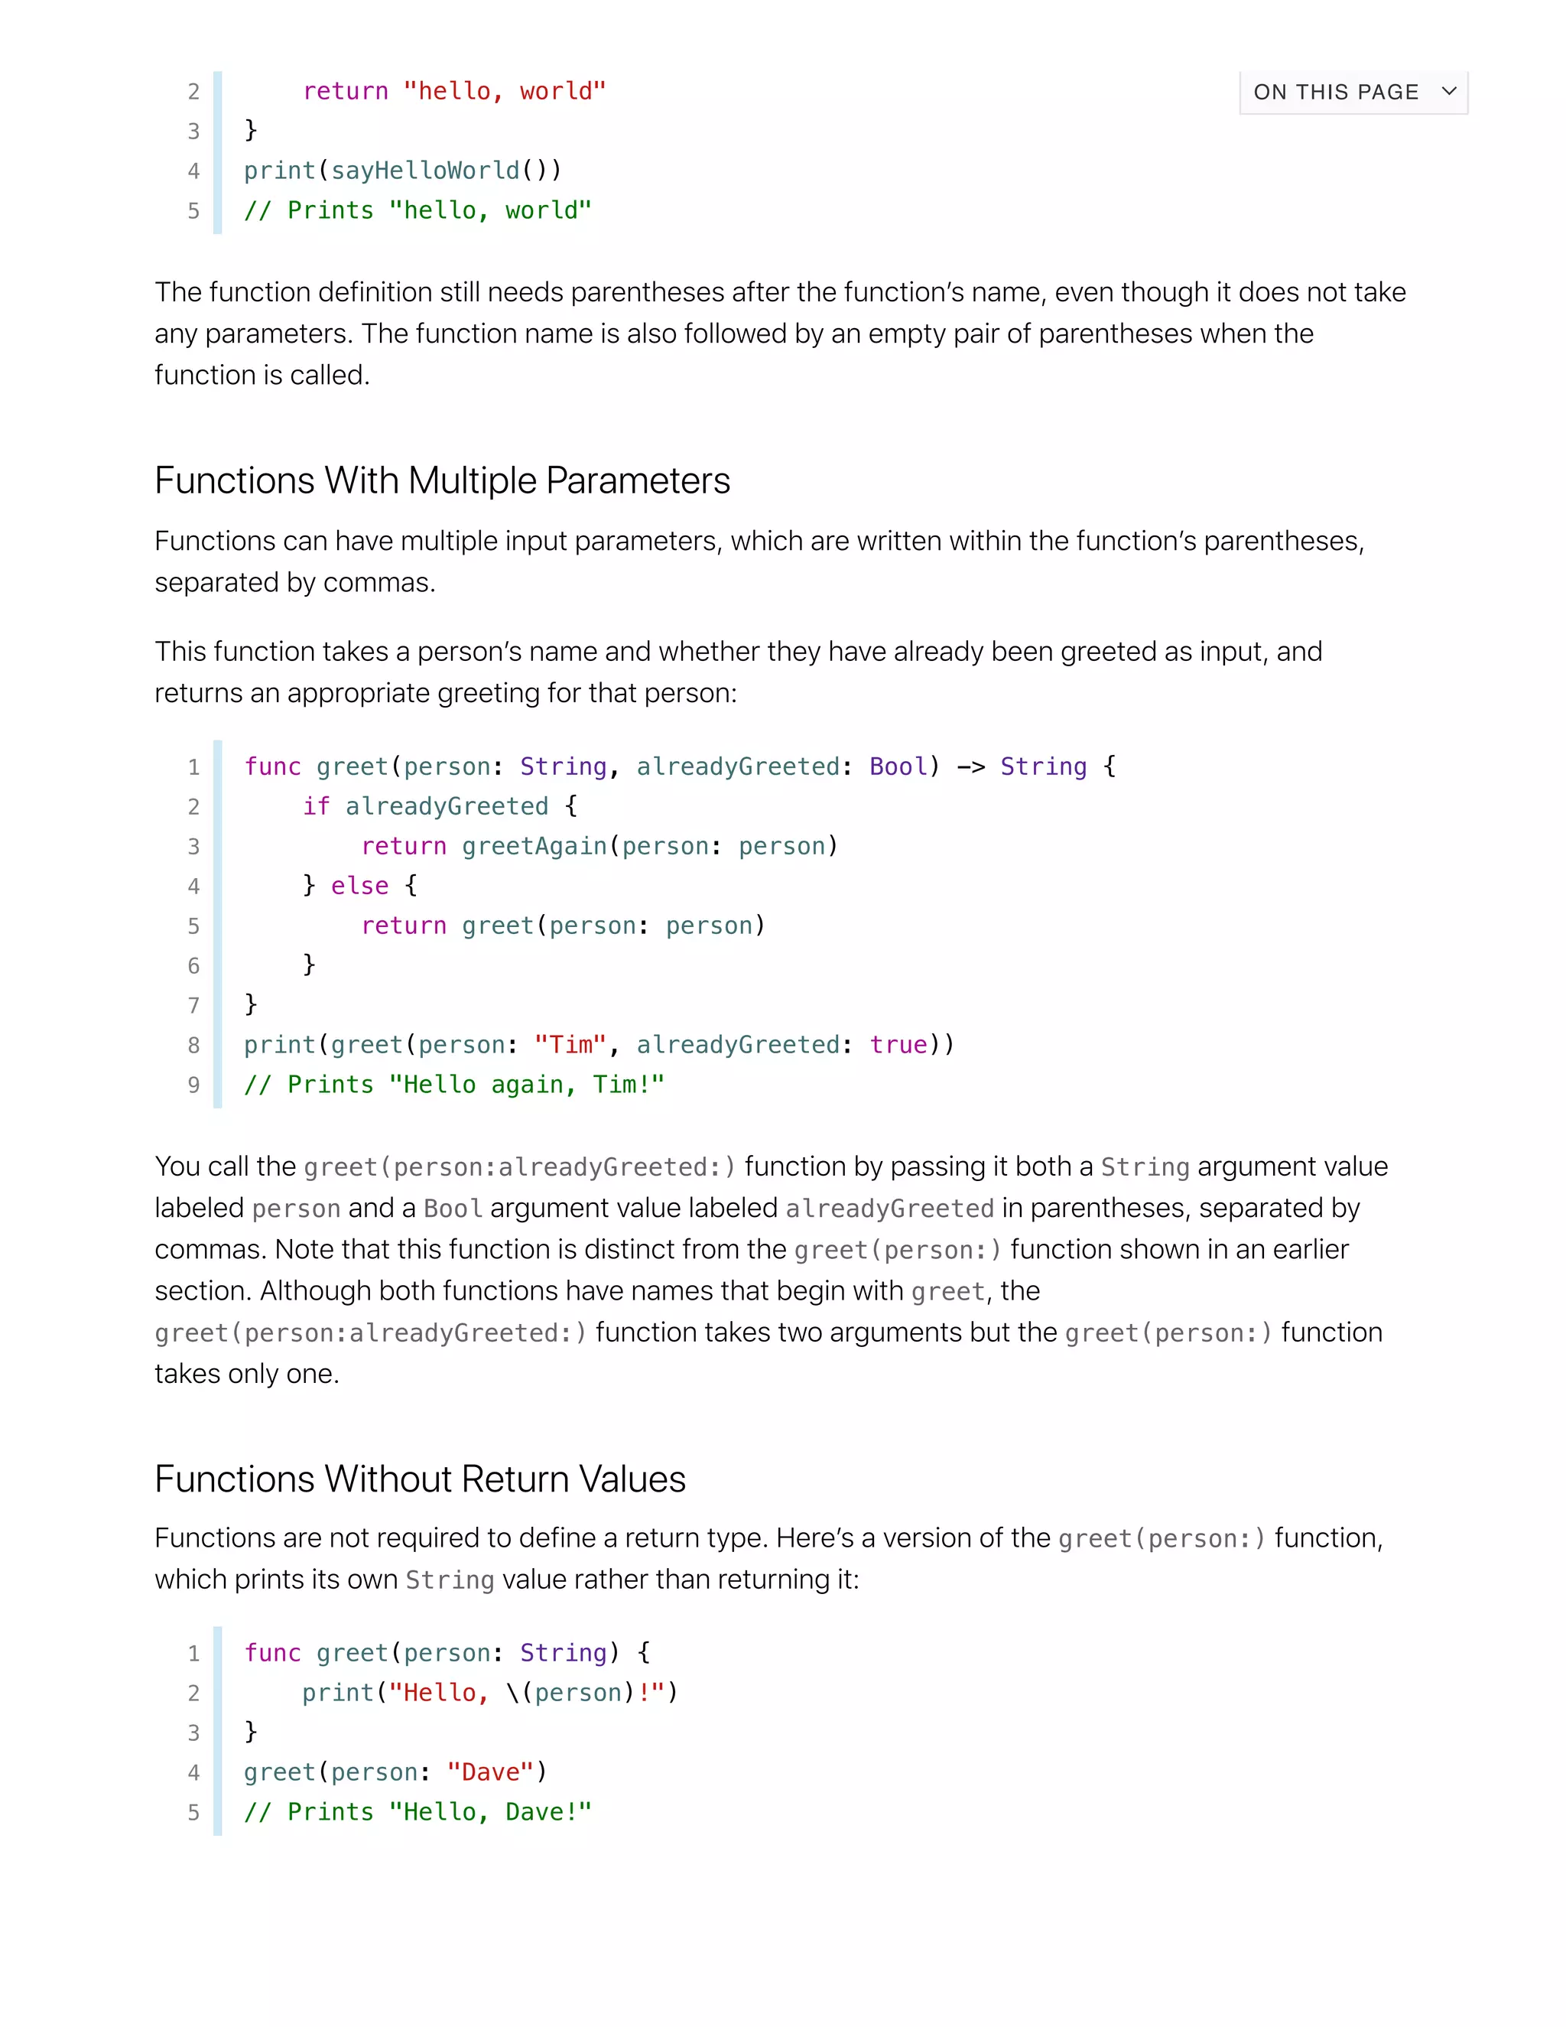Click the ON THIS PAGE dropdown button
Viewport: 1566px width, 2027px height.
point(1353,92)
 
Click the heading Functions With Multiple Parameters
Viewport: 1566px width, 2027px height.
point(443,481)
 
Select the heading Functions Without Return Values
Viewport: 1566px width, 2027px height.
point(421,1479)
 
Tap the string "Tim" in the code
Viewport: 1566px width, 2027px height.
point(570,1045)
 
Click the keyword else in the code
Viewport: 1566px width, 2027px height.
point(360,886)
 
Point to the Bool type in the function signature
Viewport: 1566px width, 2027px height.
point(898,766)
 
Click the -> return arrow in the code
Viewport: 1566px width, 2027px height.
point(970,766)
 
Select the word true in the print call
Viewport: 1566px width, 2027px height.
point(898,1045)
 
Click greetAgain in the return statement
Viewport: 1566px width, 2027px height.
point(534,847)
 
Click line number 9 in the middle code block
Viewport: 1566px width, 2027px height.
point(194,1085)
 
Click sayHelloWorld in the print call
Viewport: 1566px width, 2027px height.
point(425,171)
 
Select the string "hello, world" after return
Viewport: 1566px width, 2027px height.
point(505,91)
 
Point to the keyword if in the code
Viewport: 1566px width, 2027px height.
point(317,806)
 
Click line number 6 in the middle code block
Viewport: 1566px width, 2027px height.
point(194,966)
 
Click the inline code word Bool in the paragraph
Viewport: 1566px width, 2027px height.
point(453,1209)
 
